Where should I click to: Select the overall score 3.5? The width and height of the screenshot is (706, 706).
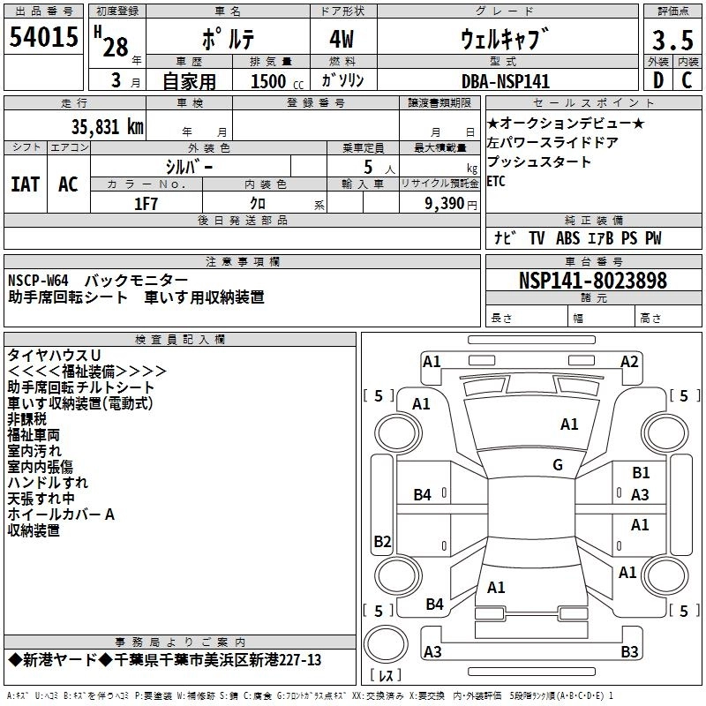tap(672, 40)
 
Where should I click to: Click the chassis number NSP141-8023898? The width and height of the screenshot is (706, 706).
tap(592, 281)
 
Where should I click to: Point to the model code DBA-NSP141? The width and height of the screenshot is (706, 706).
tap(505, 81)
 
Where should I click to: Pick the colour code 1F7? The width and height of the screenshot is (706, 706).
tap(146, 203)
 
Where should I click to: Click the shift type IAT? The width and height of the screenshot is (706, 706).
tap(26, 184)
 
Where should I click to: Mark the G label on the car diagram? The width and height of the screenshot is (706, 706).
tap(558, 465)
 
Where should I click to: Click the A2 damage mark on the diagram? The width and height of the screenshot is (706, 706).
tap(629, 361)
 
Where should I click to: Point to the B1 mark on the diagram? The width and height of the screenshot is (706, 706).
tap(641, 473)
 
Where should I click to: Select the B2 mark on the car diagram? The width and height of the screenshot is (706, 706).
tap(382, 541)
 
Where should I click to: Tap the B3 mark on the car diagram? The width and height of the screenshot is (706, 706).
tap(629, 652)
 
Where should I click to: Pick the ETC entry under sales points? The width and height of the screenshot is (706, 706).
tap(496, 181)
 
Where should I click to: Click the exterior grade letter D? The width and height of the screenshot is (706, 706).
tap(657, 81)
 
